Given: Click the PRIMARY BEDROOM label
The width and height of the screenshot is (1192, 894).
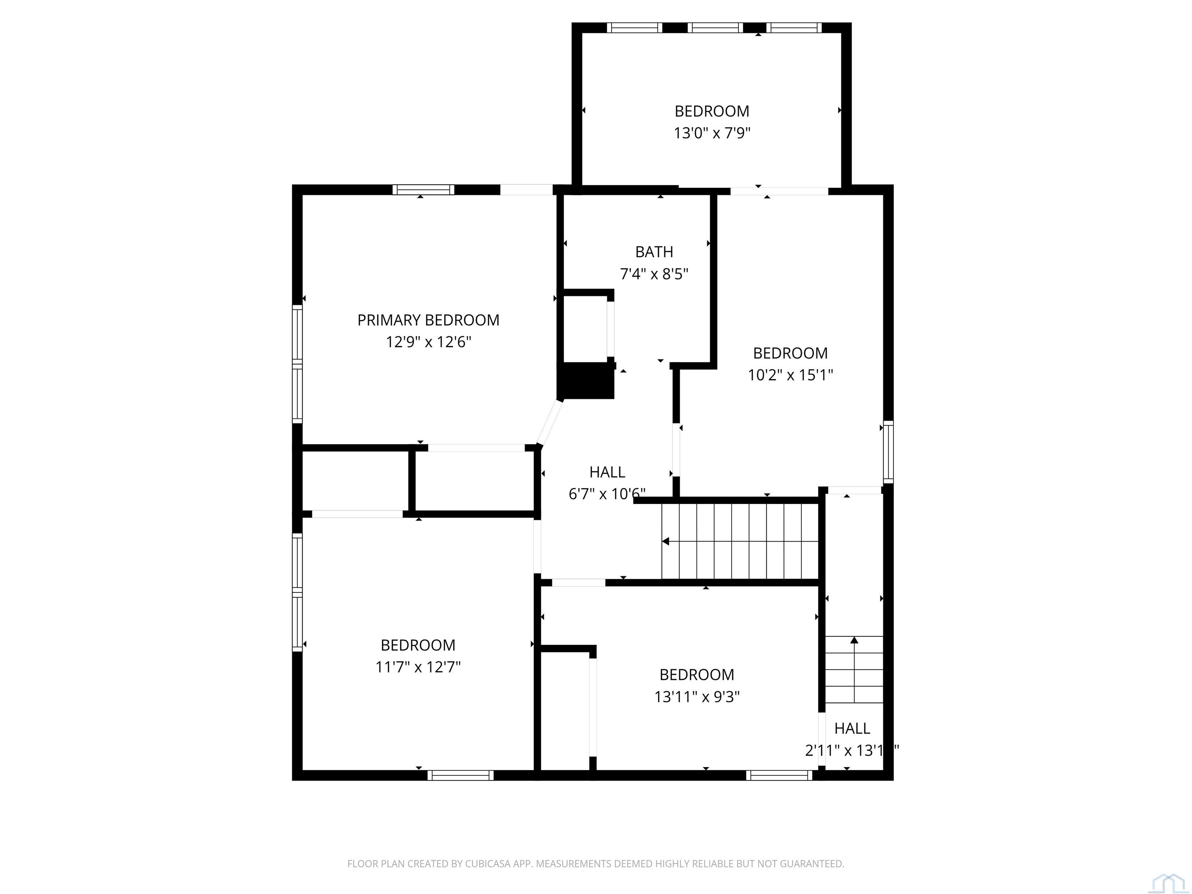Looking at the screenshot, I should (428, 320).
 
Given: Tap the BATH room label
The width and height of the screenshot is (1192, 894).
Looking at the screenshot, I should (654, 252).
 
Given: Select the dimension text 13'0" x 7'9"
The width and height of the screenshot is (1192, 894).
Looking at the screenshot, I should (712, 133).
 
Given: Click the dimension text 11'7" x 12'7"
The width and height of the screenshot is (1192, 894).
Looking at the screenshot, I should (418, 667).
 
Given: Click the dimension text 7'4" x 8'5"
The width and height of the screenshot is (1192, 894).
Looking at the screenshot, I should (654, 274).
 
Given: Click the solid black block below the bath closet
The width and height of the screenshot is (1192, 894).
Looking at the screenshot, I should (586, 380).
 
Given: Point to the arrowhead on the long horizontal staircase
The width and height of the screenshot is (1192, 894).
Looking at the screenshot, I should (666, 541).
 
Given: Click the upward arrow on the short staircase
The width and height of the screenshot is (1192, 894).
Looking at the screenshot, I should (854, 640).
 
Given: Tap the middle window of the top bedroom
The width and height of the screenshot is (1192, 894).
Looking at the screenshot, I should (716, 28).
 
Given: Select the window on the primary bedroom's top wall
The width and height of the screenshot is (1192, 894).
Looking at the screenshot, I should (423, 190).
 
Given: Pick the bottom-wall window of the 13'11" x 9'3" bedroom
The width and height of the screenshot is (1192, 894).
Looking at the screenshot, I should (779, 775).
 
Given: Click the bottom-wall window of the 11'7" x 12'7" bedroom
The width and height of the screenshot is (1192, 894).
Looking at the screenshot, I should (461, 775).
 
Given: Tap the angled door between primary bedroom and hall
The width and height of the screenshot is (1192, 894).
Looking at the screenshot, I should (550, 423).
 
